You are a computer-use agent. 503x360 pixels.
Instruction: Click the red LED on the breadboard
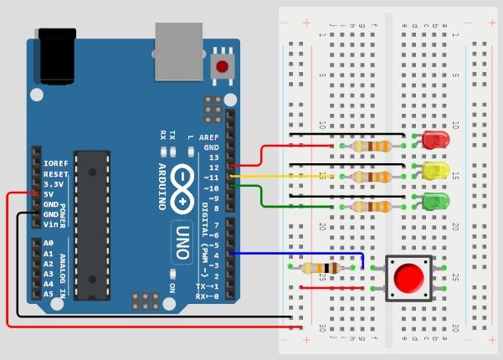point(435,139)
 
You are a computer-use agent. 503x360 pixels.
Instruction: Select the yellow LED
point(435,171)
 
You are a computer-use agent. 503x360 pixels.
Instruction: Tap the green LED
point(435,201)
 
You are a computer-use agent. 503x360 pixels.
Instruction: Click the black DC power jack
point(55,52)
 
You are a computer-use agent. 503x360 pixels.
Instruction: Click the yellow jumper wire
point(285,177)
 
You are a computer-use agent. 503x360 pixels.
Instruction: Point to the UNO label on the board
point(183,243)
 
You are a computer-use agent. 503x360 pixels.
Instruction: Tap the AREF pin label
point(208,136)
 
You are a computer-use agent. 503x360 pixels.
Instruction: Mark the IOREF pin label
point(56,163)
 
